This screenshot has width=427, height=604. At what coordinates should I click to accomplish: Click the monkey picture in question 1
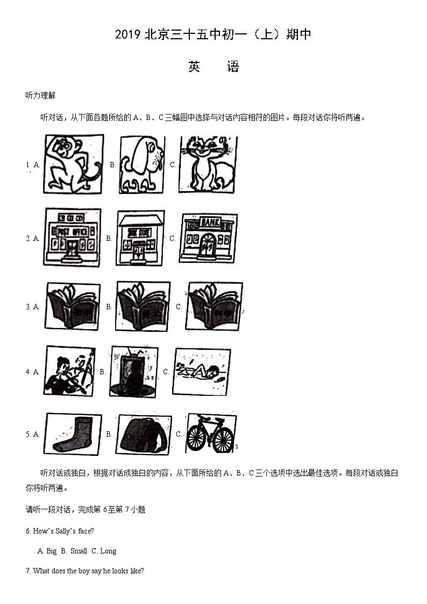74,164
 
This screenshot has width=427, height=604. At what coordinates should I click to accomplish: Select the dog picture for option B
142,165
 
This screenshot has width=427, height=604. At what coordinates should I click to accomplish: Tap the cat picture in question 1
208,164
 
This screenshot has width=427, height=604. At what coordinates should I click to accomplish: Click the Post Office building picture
73,237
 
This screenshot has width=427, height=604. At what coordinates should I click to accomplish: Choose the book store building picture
140,238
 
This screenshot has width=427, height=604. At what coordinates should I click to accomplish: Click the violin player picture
70,371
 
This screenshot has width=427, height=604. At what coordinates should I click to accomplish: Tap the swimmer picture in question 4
202,371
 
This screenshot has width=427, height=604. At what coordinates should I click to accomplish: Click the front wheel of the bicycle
223,439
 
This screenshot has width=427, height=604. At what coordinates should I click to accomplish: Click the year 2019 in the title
127,35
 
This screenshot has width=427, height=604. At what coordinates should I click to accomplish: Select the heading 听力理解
40,96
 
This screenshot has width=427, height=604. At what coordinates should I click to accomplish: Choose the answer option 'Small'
79,551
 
